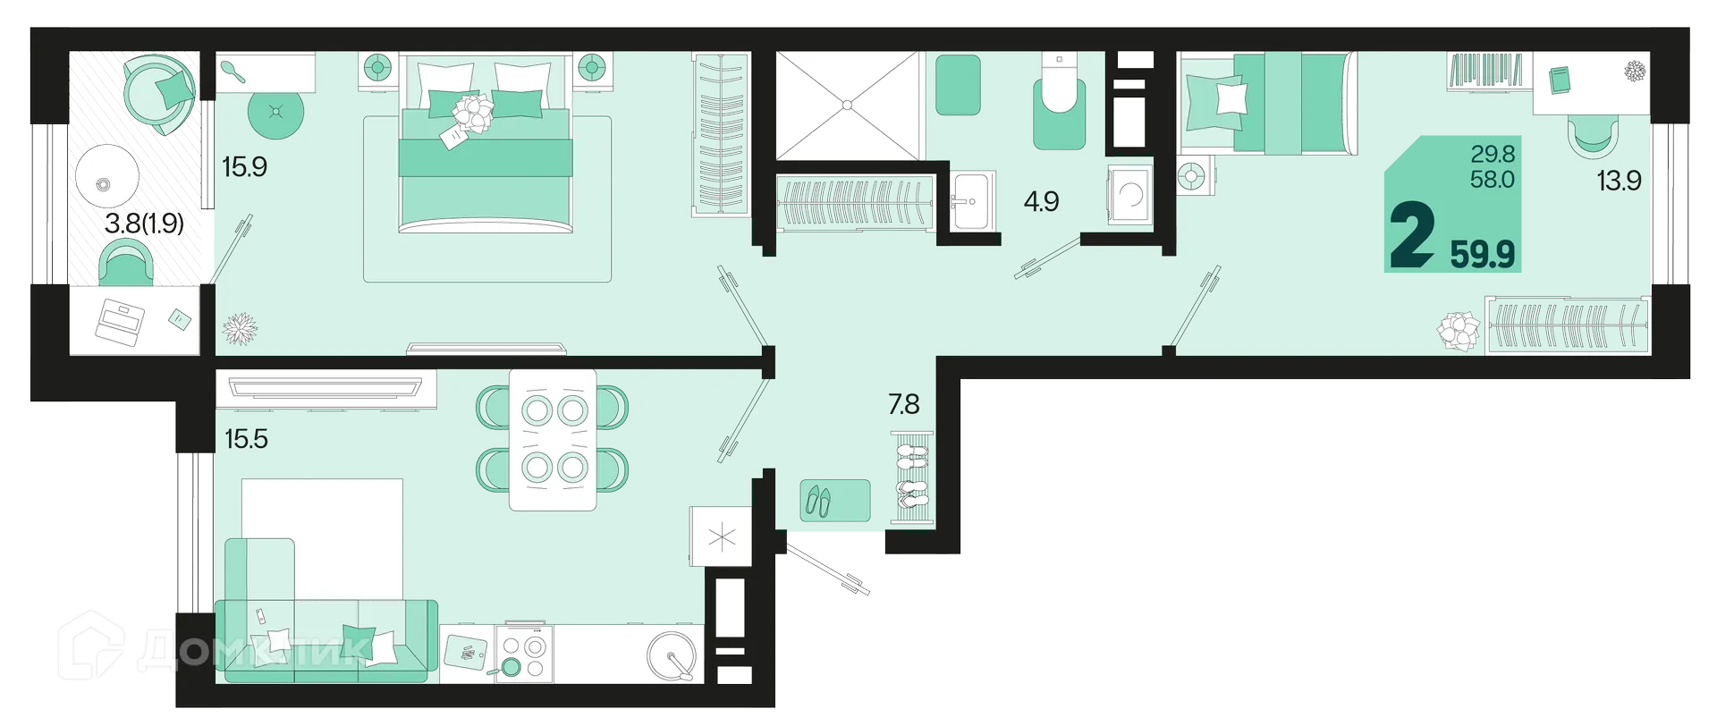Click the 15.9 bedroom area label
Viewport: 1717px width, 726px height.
[244, 167]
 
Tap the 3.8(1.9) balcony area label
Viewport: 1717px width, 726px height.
[144, 224]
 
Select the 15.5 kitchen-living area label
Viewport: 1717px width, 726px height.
[246, 439]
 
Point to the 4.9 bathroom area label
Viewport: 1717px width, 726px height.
[1041, 201]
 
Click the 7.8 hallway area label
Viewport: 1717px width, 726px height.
[903, 404]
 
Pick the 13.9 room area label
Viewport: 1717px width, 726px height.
[1619, 181]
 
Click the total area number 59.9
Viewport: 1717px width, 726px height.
[1482, 254]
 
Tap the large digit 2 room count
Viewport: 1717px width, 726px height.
[1412, 234]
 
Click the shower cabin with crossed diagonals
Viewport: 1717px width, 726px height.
[847, 106]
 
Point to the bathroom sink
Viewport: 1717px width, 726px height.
[971, 201]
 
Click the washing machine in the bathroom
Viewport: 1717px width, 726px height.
[1130, 194]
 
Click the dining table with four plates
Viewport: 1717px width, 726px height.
[553, 440]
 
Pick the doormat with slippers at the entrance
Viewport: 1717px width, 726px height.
[834, 501]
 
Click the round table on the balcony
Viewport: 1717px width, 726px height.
[106, 183]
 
